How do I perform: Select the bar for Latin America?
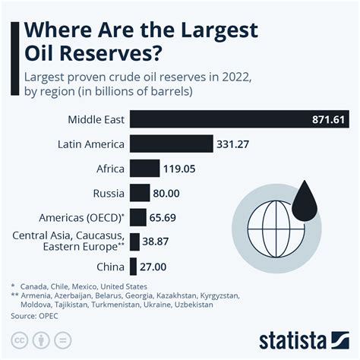tap(172, 144)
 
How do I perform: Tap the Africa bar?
tap(144, 169)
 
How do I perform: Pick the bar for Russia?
tap(140, 194)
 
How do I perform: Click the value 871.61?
tap(329, 119)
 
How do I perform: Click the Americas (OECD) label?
tap(84, 218)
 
